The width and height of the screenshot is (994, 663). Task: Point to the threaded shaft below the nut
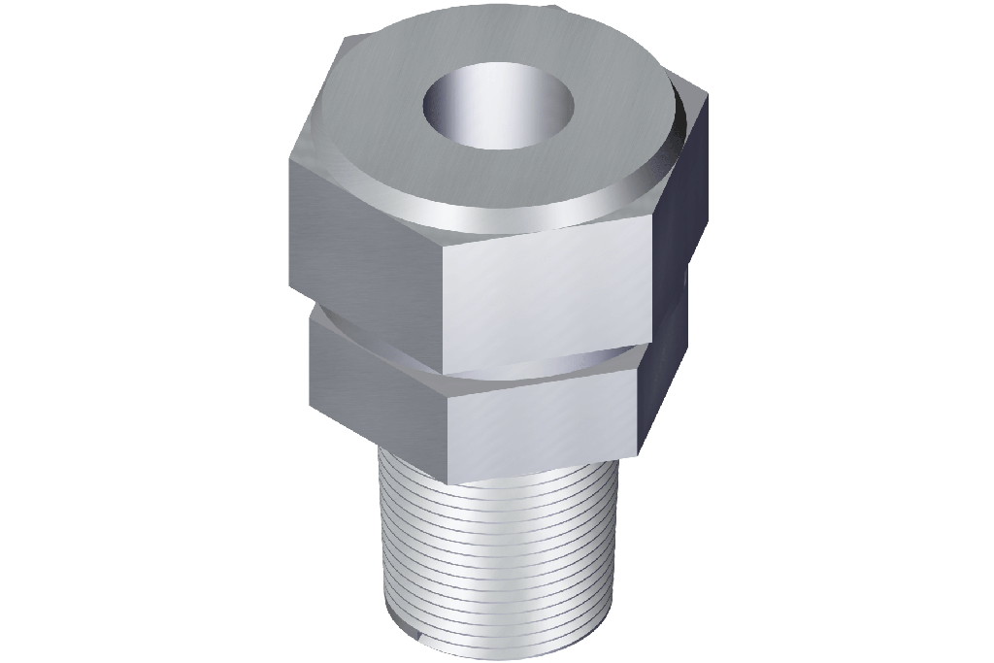click(495, 544)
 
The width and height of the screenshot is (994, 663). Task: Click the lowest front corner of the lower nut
click(448, 478)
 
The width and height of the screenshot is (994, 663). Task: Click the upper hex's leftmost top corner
click(290, 160)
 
